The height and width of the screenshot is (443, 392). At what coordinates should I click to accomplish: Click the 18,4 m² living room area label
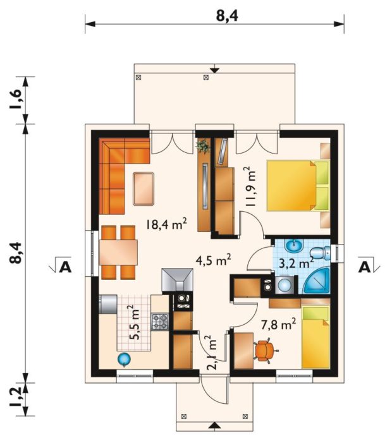pos(166,224)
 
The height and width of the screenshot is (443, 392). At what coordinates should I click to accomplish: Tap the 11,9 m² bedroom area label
pos(251,187)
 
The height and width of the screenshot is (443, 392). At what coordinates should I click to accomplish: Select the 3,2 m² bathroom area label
pos(296,263)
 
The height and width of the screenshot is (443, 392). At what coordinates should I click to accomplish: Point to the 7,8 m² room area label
pos(278,324)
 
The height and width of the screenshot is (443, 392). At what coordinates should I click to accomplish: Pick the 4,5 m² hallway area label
pos(214,260)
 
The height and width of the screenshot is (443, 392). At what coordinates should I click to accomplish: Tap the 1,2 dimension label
pos(16,397)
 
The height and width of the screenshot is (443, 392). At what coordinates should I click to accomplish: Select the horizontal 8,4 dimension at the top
pos(227,16)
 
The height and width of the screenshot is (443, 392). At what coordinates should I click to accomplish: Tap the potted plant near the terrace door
pos(203,146)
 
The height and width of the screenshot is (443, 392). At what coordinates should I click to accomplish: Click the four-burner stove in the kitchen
pos(160,322)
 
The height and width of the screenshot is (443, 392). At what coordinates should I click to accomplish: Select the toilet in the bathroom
pos(320,253)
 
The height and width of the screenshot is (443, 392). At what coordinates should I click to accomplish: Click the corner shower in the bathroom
pos(317,281)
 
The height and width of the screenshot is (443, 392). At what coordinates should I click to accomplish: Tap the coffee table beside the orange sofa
pos(144,189)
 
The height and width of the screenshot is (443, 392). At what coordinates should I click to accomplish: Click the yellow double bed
pos(298,186)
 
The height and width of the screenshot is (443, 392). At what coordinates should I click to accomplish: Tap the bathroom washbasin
pos(294,246)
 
